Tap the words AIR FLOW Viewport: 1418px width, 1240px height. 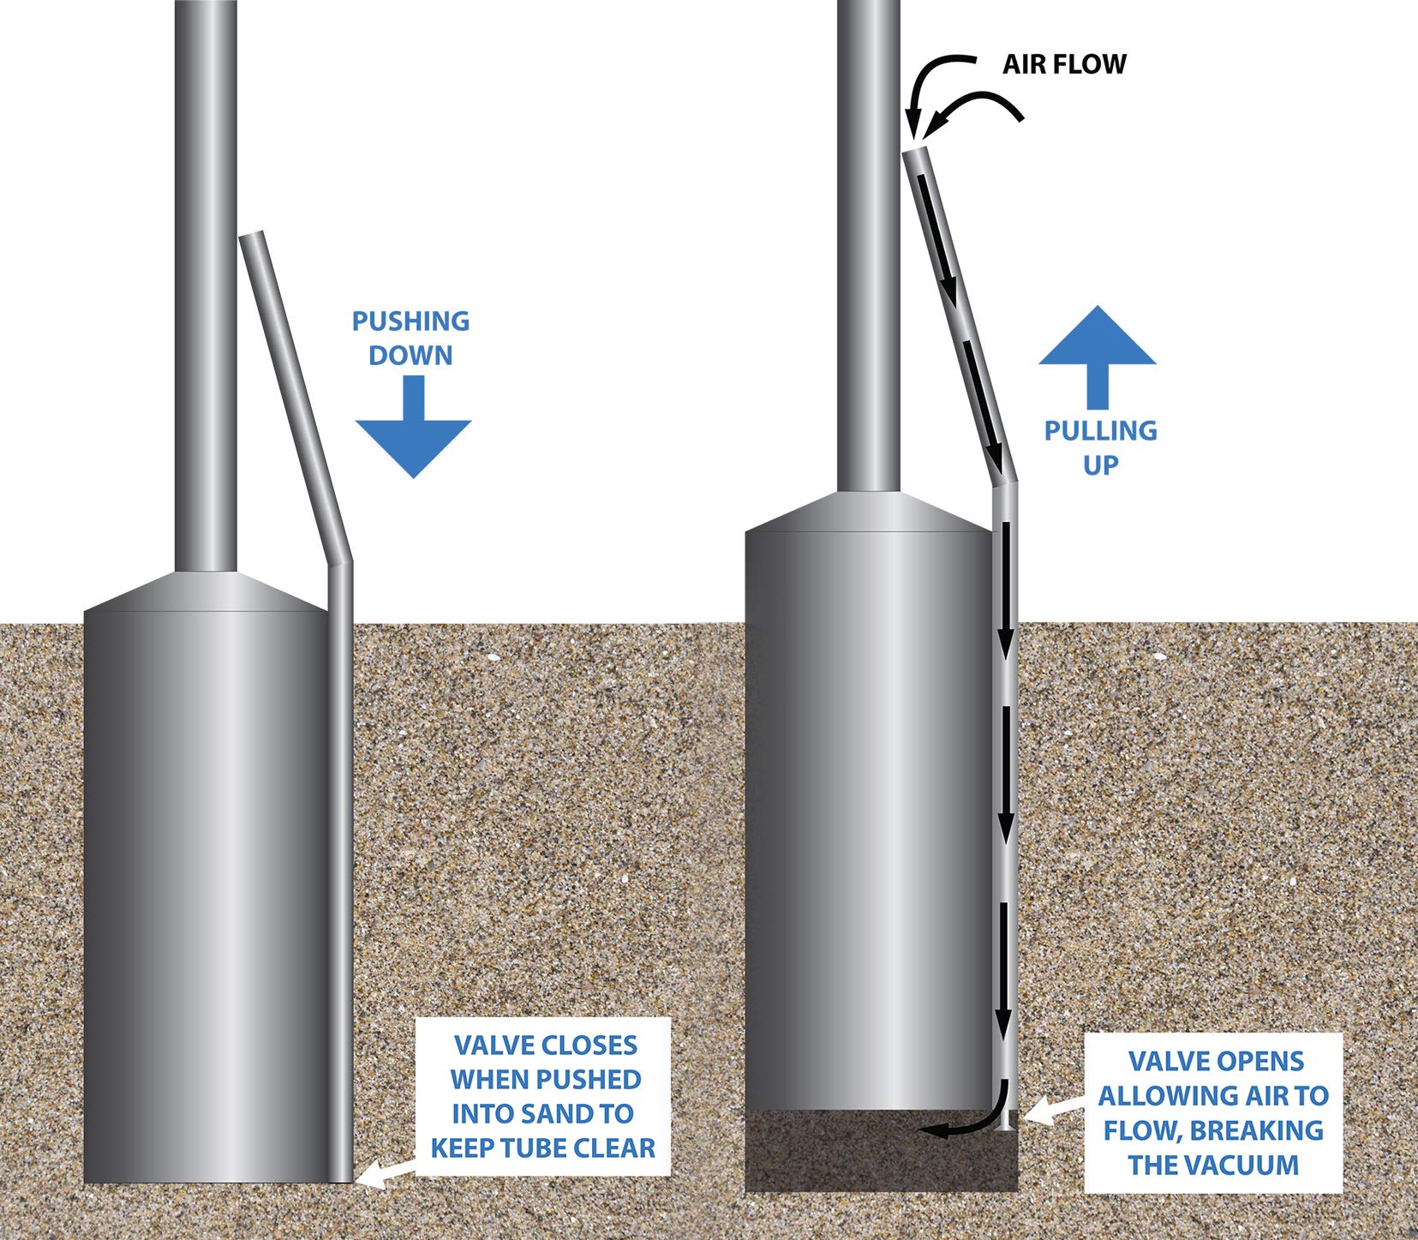coord(1064,64)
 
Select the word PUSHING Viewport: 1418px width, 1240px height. coord(410,321)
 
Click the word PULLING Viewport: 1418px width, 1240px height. coord(1100,430)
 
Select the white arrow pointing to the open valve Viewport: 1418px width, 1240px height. coord(1054,1111)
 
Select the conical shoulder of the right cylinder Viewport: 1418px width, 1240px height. coord(868,512)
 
